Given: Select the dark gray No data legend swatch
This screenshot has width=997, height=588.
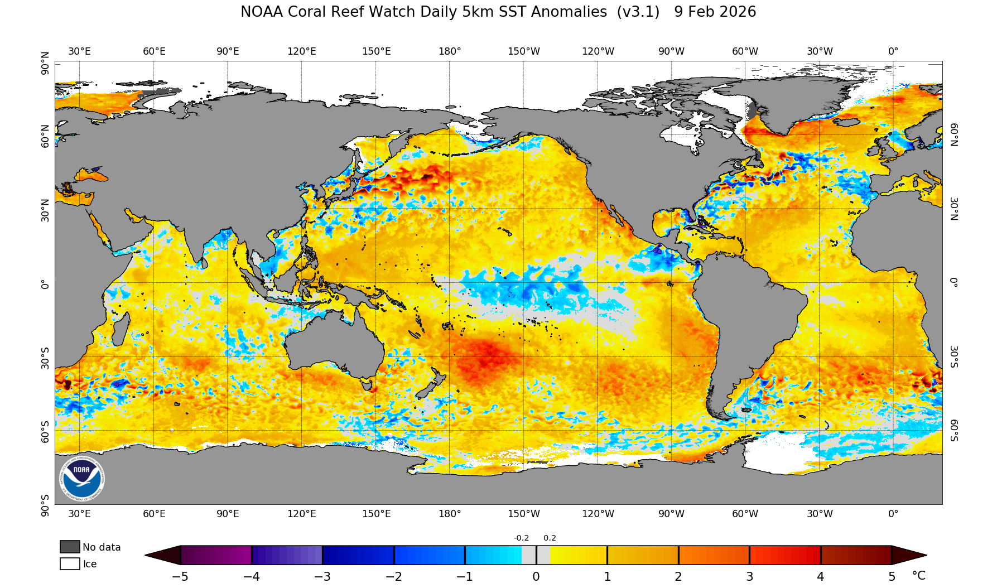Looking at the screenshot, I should (70, 547).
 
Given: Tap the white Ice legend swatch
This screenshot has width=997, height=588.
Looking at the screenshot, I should (70, 563).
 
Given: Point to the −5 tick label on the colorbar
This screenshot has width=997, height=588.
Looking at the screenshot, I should (180, 577).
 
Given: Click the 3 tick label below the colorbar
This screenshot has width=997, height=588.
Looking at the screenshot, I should (749, 577).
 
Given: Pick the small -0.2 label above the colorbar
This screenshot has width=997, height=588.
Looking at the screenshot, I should (521, 538).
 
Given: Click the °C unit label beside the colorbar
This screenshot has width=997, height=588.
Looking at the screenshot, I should (918, 576).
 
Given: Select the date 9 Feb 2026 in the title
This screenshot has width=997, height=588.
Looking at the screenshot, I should (715, 12).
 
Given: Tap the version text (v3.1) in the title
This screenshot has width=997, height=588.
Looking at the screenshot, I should (638, 12).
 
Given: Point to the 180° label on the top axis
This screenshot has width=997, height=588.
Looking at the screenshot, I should (450, 51).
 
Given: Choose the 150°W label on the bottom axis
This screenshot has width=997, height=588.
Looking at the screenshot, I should (523, 514).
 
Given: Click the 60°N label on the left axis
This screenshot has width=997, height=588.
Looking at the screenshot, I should (45, 136).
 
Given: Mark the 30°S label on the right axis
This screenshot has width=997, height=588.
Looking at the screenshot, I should (954, 356).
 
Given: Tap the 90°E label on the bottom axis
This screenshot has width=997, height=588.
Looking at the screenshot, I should (228, 514).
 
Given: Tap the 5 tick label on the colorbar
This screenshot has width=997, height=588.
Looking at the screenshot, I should (892, 577).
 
